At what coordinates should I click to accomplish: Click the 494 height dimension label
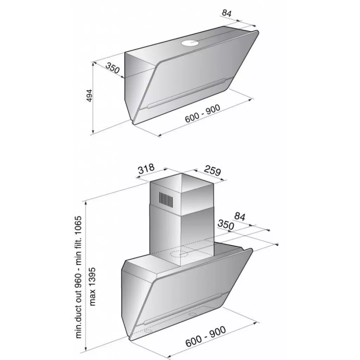click(x=90, y=96)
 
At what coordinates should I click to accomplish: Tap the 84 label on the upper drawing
click(x=227, y=13)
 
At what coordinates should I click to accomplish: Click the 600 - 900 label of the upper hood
click(x=202, y=114)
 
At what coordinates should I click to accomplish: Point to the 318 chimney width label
click(x=146, y=169)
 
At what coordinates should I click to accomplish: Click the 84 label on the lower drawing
click(x=240, y=217)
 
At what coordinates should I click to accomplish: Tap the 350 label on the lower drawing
click(x=226, y=225)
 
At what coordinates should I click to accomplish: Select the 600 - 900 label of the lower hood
click(x=205, y=336)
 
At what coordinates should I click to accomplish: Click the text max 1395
click(x=92, y=287)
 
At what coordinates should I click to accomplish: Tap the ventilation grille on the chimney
click(x=166, y=199)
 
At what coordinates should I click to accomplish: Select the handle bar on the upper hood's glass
click(x=186, y=93)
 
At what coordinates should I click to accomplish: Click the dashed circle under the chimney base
click(x=179, y=254)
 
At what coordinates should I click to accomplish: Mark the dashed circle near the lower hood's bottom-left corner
click(x=148, y=331)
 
